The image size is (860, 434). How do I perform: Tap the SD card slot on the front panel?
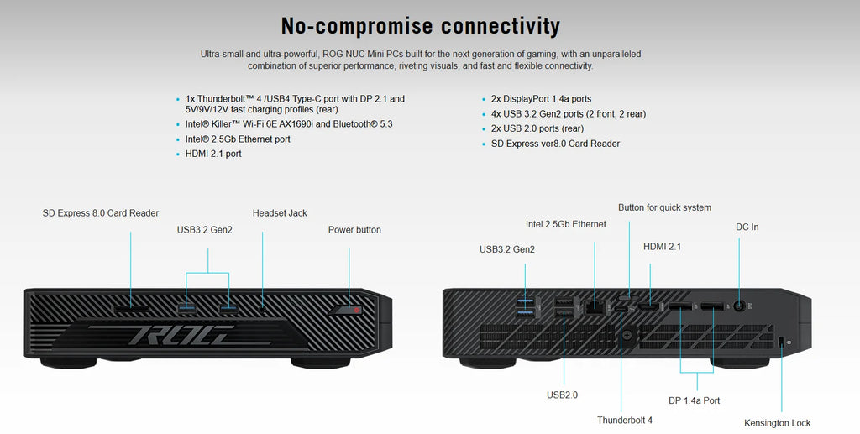pos(131,309)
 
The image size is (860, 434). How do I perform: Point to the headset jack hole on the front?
pos(262,310)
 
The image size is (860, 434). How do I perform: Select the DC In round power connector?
pos(739,307)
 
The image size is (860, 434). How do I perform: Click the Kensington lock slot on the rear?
pos(782,342)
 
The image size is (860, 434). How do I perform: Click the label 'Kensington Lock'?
pos(777,423)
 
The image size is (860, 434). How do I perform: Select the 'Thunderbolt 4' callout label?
pos(625,421)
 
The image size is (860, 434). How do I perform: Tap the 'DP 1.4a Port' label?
pos(694,400)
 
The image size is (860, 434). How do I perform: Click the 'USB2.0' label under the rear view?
pos(562,395)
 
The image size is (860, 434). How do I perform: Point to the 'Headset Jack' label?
pos(280,213)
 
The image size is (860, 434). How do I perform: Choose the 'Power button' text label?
pos(354,230)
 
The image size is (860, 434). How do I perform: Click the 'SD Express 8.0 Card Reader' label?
pos(101,213)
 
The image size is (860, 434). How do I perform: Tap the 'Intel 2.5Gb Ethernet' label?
pos(566,224)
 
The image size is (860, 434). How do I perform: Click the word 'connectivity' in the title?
pos(501,26)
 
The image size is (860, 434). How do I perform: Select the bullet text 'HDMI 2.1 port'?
pos(213,154)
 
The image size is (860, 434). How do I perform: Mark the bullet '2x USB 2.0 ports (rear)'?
pos(537,128)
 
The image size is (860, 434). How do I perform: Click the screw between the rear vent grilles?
pos(627,334)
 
